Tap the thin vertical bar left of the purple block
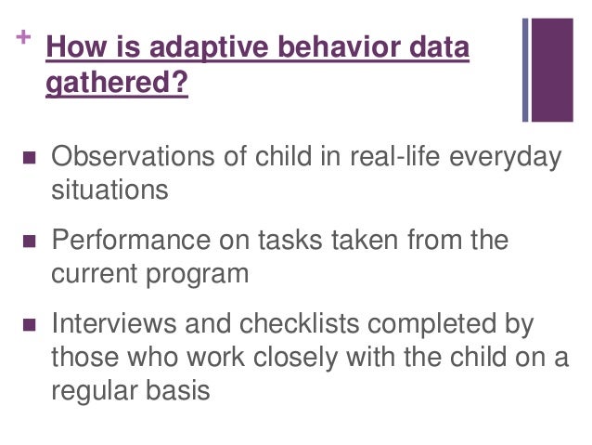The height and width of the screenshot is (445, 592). point(526,70)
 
